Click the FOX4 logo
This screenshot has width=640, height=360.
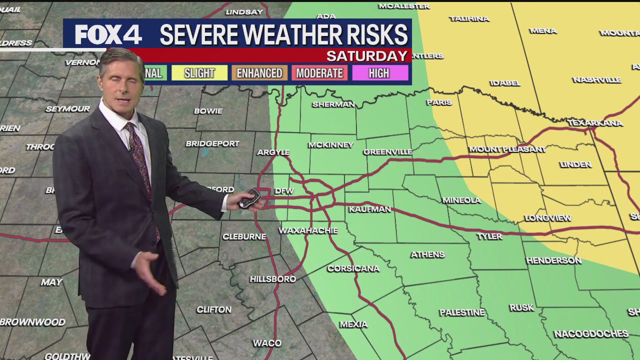pos(108,34)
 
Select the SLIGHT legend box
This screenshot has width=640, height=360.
pos(199,73)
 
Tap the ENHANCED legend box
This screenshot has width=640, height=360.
pos(259,73)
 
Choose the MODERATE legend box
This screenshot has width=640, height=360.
pos(319,73)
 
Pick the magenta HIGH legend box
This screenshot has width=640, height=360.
pos(379,73)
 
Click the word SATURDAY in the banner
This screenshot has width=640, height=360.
pos(367,55)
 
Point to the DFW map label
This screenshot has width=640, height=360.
pos(284,191)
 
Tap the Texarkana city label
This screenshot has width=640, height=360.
pos(595,123)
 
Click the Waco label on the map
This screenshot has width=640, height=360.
pos(267,343)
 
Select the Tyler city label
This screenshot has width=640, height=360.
pos(489,236)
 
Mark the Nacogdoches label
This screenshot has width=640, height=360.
pos(591,333)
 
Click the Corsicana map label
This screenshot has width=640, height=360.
pos(353,268)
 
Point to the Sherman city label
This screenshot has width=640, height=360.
pos(333,104)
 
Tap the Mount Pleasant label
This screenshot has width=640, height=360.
pos(507,149)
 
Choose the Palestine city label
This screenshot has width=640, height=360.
pos(462,312)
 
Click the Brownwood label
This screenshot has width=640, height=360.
pos(33,322)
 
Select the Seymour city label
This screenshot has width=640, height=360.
pos(68,108)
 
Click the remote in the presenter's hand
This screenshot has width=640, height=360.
pos(249,198)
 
